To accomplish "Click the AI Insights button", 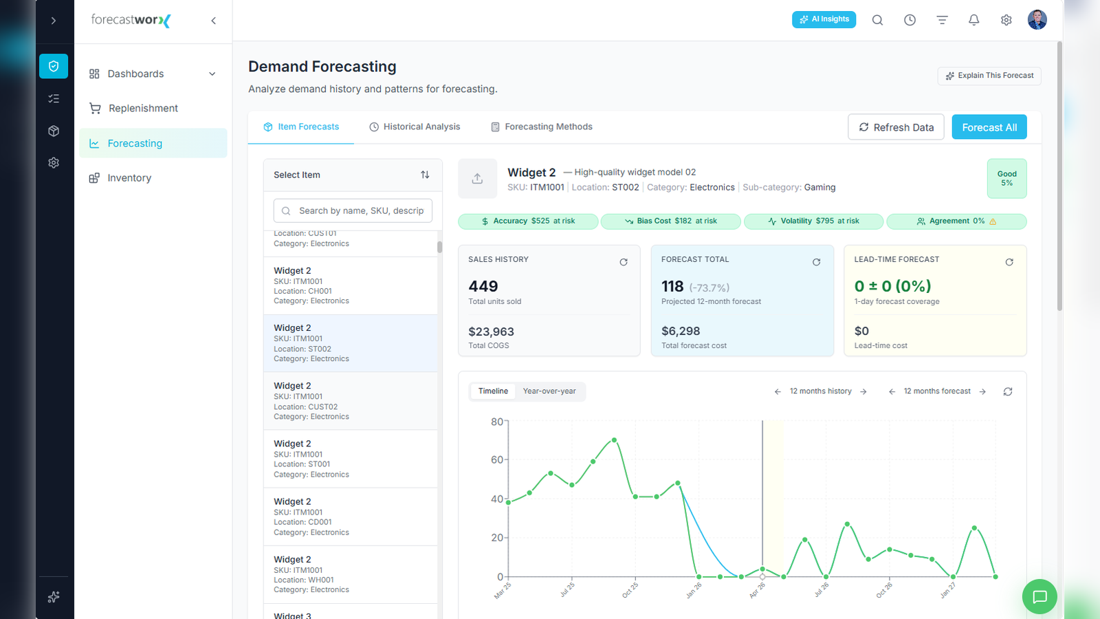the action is [x=824, y=20].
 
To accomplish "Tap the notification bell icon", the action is [x=973, y=20].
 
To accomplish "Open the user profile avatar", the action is [x=1037, y=20].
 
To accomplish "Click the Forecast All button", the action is [x=989, y=127].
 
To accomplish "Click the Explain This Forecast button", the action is [x=989, y=76].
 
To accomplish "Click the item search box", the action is [x=353, y=210].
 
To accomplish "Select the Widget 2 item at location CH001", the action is [x=350, y=285].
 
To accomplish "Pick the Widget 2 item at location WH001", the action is [x=350, y=574].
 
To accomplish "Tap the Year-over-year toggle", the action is [x=549, y=391].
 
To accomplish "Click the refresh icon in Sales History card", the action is [x=623, y=262].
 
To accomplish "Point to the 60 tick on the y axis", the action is [x=497, y=460].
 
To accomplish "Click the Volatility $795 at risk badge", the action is [x=813, y=221].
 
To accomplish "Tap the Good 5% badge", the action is [x=1006, y=178].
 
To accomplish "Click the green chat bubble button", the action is [x=1039, y=597].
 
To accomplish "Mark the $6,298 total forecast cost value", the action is [x=680, y=331].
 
